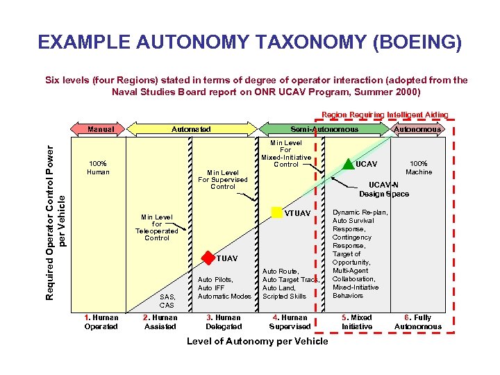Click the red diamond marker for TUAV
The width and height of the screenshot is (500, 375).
point(207,258)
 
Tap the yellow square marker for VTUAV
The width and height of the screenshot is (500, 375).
point(277,212)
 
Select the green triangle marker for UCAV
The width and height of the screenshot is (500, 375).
point(347,164)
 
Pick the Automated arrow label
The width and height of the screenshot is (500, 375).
point(192,129)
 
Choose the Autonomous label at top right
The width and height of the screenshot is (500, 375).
point(417,129)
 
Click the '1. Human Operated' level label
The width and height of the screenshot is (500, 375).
point(101,322)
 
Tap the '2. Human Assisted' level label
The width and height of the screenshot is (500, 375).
point(160,322)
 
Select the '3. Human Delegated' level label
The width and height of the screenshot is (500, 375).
point(224,322)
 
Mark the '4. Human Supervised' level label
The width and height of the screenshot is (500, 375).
point(290,322)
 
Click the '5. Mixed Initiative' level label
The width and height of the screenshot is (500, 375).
point(357,322)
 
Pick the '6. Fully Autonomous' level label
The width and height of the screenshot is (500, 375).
point(417,322)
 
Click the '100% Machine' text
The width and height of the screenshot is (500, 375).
point(419,167)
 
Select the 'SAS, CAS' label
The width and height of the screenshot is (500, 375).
point(167,301)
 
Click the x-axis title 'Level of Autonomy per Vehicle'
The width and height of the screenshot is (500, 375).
point(258,341)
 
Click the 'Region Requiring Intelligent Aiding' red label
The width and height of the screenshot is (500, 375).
point(385,115)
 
